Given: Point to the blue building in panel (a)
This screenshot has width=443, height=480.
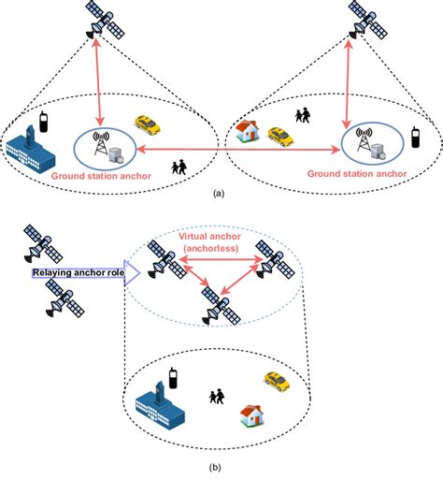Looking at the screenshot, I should [32, 147].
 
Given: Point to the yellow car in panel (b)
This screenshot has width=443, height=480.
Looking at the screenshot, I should [276, 378].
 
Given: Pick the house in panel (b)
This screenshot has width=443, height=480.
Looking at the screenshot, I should [250, 414].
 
